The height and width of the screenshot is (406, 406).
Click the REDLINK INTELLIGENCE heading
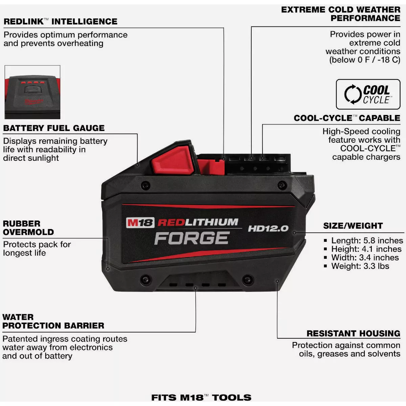[x=61, y=22]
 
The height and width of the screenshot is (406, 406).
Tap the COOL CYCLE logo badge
[x=368, y=94]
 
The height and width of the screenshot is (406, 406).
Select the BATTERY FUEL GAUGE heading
[x=54, y=128]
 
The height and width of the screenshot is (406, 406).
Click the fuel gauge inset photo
[x=32, y=92]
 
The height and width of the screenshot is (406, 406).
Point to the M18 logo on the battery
[x=140, y=223]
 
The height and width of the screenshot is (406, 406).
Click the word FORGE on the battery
[x=191, y=238]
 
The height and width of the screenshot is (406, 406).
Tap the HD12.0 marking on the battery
[x=268, y=228]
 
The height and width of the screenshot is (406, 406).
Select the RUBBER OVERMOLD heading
[x=28, y=228]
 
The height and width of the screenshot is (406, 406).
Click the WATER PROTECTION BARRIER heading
[x=53, y=321]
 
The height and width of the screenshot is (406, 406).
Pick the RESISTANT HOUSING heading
[x=353, y=334]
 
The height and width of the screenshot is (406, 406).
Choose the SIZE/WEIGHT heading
[x=353, y=226]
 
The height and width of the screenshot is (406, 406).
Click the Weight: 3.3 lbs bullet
[x=360, y=266]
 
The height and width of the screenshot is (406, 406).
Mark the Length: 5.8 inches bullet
[x=367, y=241]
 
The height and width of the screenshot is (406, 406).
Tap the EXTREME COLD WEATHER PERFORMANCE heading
[x=341, y=14]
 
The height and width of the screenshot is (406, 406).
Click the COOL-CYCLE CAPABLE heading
[x=347, y=118]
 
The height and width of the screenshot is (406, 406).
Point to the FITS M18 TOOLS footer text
[x=201, y=398]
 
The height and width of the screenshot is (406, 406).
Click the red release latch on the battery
[x=173, y=159]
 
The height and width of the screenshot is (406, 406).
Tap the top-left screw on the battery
[x=145, y=185]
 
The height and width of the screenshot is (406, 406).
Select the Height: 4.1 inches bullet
[x=366, y=249]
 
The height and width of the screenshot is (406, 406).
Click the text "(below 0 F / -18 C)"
[x=365, y=60]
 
